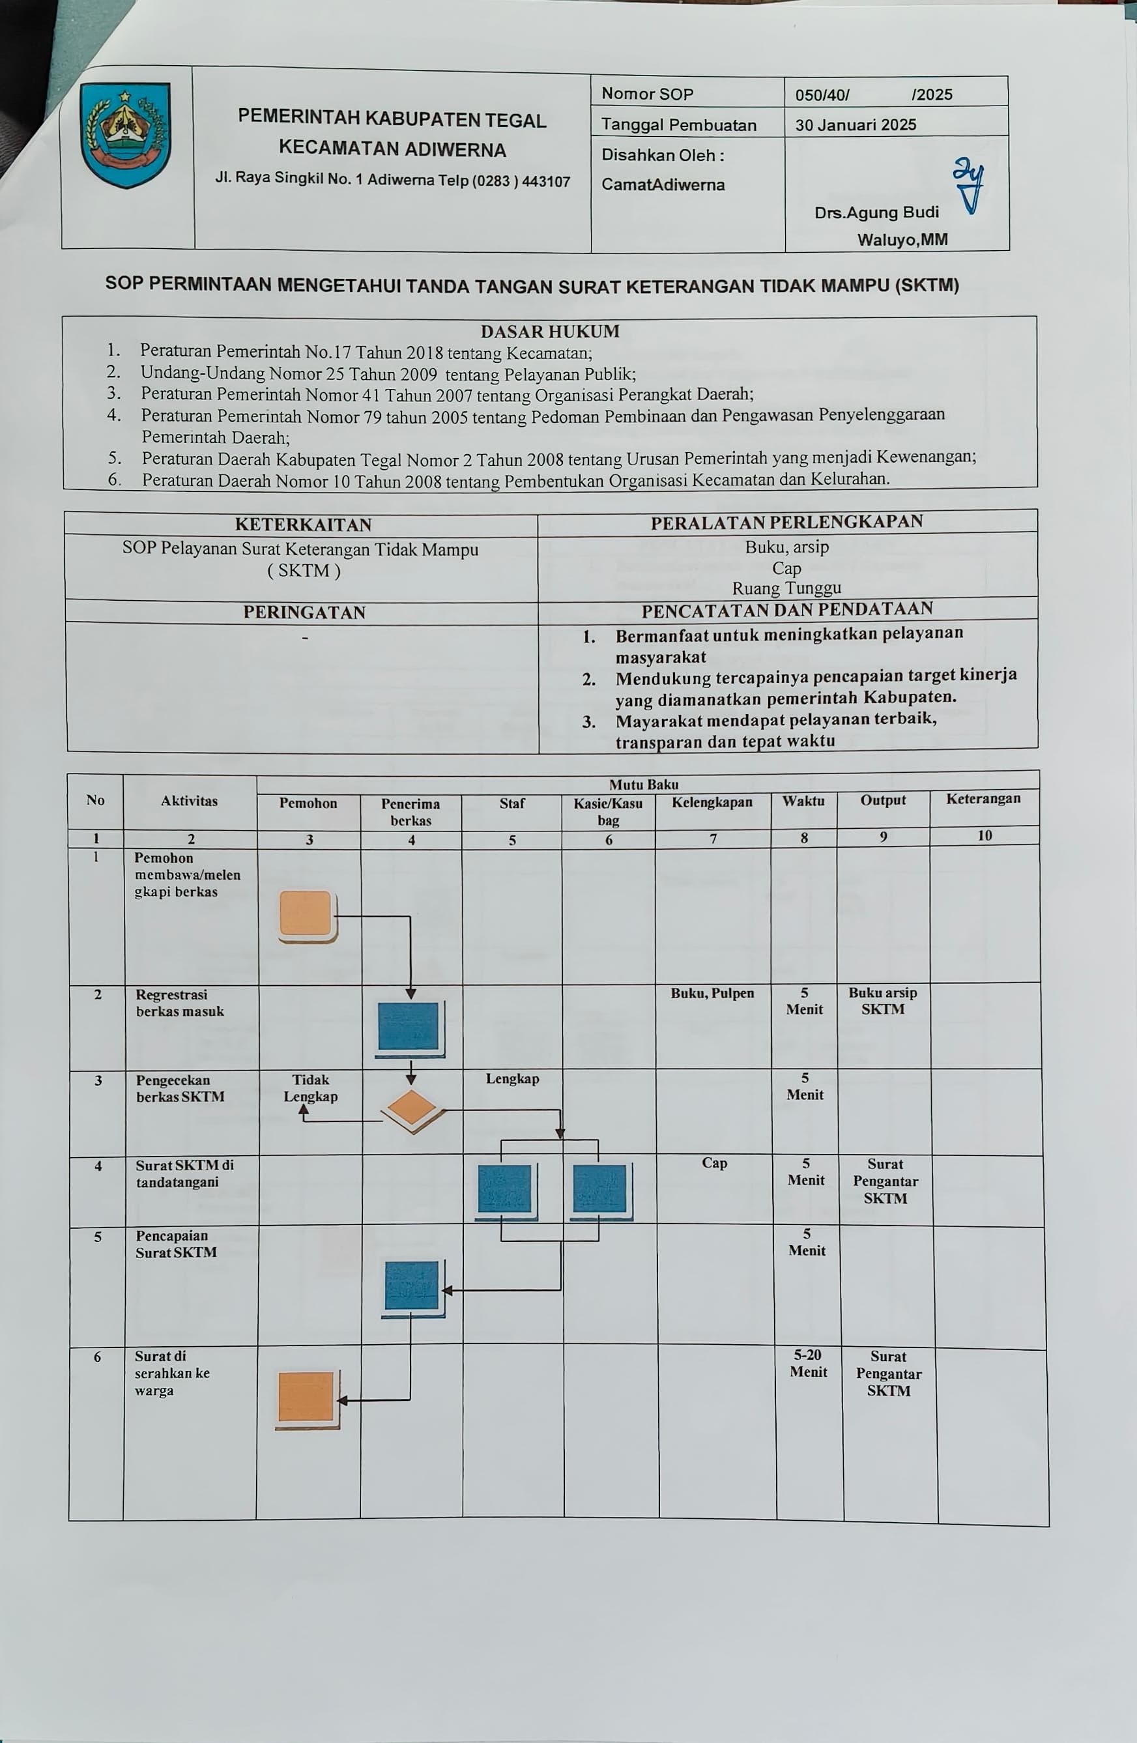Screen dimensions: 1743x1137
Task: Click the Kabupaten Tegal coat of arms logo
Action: [125, 135]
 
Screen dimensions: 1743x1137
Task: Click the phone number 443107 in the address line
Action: [545, 182]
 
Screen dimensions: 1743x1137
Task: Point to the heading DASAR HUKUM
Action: [549, 332]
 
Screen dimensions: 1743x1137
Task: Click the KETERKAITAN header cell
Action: [303, 525]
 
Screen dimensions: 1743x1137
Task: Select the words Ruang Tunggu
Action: [786, 588]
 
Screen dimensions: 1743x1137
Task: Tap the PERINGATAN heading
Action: [304, 612]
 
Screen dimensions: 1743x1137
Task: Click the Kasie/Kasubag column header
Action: [608, 811]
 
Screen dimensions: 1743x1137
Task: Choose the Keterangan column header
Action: [983, 799]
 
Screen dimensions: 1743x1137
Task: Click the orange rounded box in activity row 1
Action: [306, 914]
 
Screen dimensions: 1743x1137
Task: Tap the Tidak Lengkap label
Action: [310, 1088]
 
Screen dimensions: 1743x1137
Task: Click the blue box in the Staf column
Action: [504, 1188]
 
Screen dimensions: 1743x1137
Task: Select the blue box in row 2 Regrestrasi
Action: [409, 1027]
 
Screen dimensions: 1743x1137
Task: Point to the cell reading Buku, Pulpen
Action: [712, 994]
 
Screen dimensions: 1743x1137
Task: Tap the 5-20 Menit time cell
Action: [807, 1364]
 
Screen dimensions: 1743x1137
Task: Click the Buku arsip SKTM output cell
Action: [882, 1001]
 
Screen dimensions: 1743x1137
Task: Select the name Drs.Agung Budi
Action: [876, 212]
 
